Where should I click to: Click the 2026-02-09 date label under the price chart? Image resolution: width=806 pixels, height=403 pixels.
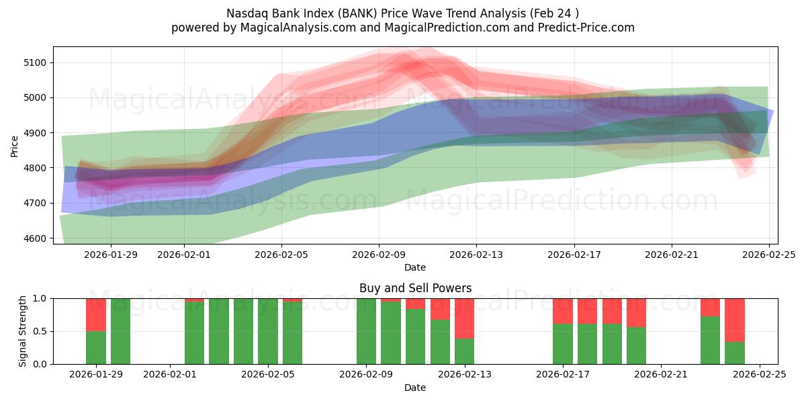tap(379, 255)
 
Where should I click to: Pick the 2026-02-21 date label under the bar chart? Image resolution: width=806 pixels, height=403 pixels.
tap(661, 375)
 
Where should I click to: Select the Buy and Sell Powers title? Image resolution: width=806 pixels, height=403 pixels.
tap(415, 288)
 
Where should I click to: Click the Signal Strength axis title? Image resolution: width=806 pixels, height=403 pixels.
tap(23, 331)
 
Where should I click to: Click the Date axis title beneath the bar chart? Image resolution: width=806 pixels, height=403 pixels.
tap(415, 388)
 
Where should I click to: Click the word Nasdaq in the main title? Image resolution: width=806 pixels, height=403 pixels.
tap(246, 13)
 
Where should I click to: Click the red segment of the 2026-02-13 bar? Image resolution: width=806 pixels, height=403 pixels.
tap(464, 318)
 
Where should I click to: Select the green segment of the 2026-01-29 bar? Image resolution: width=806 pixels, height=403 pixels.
tap(96, 347)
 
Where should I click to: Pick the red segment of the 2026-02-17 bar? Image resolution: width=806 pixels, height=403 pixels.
tap(563, 311)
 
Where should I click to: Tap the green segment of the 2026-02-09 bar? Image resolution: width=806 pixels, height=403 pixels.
tap(366, 331)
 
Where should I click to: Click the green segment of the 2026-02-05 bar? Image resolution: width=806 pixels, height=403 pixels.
tap(268, 331)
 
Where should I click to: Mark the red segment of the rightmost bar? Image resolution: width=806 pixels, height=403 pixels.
tap(735, 320)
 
